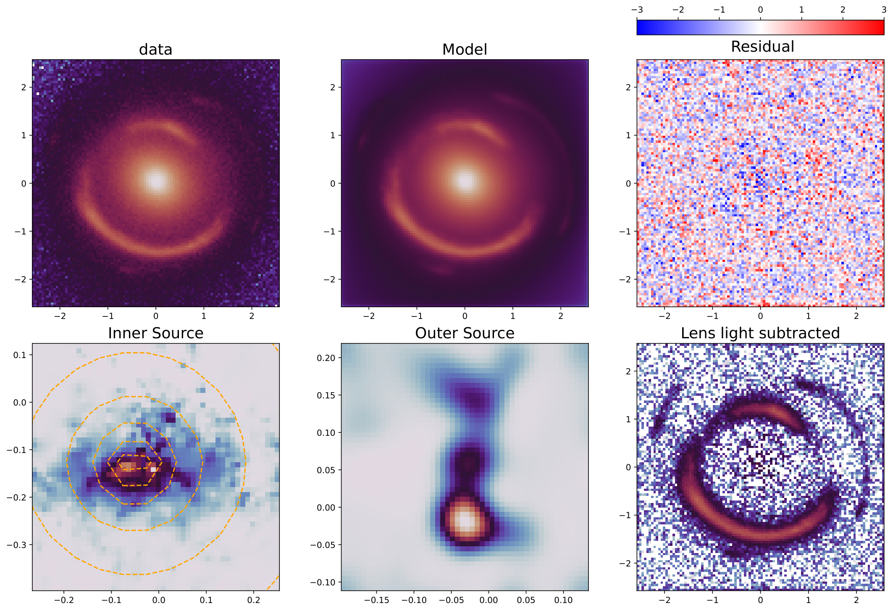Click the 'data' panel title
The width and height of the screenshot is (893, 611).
coord(155,50)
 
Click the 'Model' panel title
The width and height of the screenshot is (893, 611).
coord(465,50)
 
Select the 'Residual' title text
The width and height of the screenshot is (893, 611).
coord(762,47)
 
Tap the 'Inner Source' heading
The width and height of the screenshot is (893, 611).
coord(155,333)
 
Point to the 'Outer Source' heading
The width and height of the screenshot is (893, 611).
coord(465,333)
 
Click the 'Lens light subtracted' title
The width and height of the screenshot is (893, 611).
coord(760,333)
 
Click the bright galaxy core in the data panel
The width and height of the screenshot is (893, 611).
coord(156,181)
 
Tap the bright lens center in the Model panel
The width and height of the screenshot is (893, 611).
coord(465,181)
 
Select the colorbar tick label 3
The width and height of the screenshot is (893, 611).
coord(884,10)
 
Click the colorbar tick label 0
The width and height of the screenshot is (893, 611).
coord(760,10)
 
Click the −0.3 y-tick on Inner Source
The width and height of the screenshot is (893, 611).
coord(16,545)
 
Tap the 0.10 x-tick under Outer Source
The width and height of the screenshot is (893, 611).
coord(563,600)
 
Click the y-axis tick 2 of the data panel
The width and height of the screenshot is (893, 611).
coord(24,87)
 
